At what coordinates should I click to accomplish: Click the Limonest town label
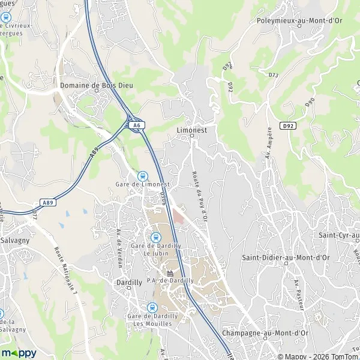(192, 128)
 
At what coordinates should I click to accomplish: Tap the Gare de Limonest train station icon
(142, 176)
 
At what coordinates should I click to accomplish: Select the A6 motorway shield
(137, 125)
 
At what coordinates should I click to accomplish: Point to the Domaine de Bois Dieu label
(97, 86)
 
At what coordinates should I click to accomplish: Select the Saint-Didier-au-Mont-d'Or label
(286, 257)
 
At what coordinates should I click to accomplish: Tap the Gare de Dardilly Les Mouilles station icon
(152, 308)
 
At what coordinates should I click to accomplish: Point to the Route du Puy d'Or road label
(199, 196)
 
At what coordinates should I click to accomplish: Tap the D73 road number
(274, 75)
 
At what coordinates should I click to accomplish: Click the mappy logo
(19, 353)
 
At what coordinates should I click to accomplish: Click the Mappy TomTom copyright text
(313, 354)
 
